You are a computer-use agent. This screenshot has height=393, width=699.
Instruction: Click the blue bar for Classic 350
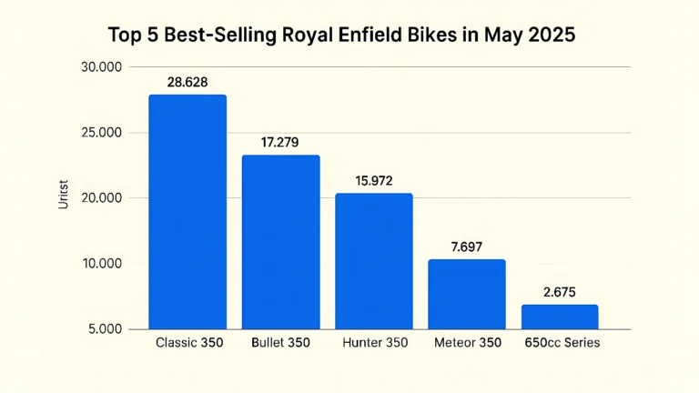tap(187, 212)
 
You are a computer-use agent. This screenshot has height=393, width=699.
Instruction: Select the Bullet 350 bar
tap(280, 242)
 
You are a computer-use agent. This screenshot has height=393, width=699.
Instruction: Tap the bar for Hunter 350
tap(374, 261)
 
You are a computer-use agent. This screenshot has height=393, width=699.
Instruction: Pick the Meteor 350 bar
tap(467, 294)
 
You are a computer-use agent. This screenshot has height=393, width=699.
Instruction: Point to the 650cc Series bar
tap(560, 317)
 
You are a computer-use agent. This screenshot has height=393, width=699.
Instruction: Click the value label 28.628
tap(187, 82)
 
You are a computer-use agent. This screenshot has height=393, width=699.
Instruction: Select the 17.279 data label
tap(280, 143)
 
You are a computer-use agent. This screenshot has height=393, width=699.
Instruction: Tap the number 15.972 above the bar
tap(374, 181)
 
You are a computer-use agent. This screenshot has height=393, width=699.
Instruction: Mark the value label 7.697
tap(467, 247)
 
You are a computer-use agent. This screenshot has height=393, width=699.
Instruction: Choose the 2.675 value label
tap(560, 292)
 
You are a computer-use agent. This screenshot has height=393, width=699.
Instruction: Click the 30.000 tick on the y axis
tap(101, 67)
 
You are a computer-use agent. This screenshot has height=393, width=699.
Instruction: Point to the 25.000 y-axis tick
tap(101, 133)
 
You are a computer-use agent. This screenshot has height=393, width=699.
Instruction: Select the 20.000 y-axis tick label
tap(101, 198)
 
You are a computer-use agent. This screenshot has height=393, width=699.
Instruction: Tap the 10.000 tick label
tap(101, 264)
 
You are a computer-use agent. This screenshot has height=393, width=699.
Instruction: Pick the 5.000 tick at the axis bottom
tap(104, 329)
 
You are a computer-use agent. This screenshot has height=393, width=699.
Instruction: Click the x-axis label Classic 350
tap(188, 343)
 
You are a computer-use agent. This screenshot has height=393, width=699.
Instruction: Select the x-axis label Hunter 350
tap(374, 343)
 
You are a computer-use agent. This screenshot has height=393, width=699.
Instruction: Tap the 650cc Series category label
tap(562, 343)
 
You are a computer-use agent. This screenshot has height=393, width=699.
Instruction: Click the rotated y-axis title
tap(63, 197)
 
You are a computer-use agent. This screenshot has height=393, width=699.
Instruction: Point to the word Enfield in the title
tap(407, 35)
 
